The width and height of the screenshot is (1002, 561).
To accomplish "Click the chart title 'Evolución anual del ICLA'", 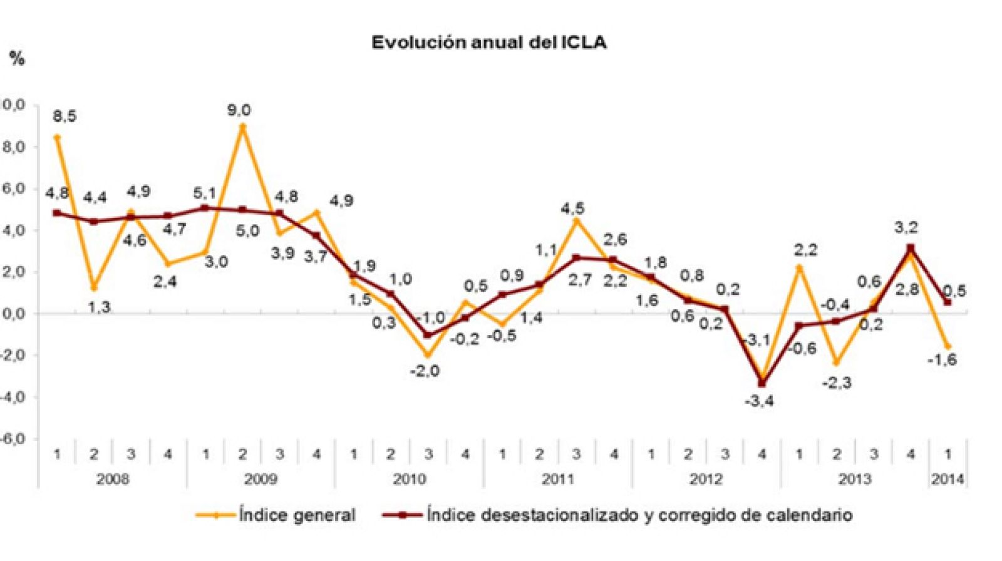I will point(488,43).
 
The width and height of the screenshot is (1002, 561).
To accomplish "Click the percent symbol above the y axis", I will point(17,59).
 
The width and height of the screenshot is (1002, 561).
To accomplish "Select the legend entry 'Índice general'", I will point(297,515).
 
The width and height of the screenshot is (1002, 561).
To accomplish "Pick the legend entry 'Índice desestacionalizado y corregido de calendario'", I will point(639,515).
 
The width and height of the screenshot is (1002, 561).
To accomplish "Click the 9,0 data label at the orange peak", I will point(239,110).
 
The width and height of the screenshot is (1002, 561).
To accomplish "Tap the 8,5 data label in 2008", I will point(65,116).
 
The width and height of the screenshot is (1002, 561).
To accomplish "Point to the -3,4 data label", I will point(759,401).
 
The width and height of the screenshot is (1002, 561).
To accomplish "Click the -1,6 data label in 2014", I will point(943,359).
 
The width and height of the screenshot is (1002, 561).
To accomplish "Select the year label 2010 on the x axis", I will point(409,479).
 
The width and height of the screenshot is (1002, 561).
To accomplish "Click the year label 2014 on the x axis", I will point(948,479).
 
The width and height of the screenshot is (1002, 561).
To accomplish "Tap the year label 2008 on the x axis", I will point(113,479).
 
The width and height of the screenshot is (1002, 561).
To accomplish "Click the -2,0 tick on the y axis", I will point(11,355).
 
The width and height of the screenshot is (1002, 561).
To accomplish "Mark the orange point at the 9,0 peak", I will point(243,126).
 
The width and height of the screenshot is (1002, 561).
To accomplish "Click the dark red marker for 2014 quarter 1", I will point(947,302).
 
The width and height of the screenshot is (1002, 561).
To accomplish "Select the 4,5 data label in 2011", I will point(572,208).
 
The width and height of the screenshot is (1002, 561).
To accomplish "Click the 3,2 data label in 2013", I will point(906,228).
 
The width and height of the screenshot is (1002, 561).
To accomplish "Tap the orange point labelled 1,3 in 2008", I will point(95,288).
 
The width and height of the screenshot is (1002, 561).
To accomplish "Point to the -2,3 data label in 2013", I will point(837,383).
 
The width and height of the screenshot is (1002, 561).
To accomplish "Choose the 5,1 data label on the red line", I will point(205,194).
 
